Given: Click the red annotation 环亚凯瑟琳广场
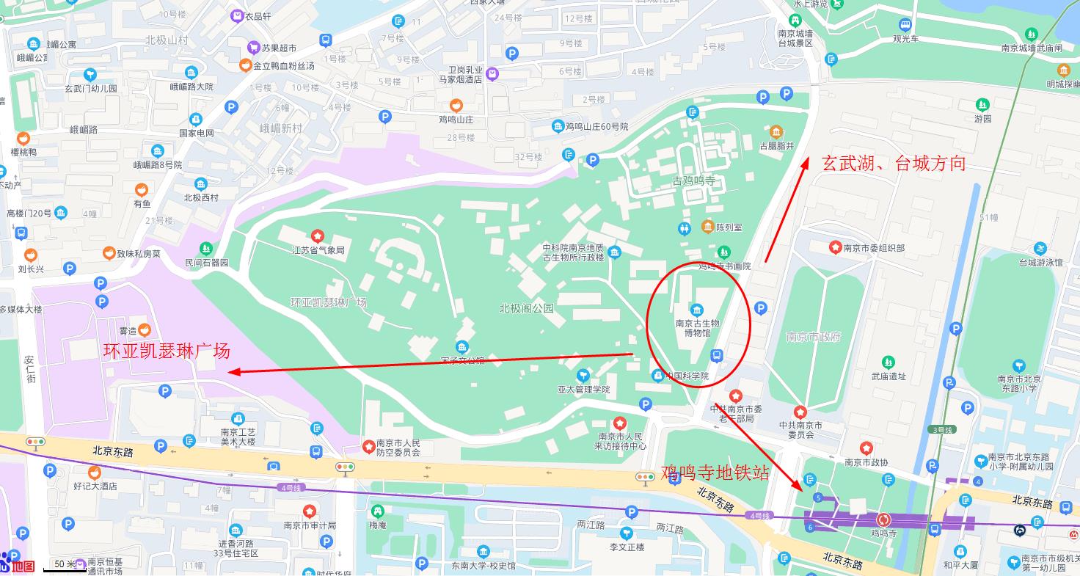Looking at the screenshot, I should pos(167,351).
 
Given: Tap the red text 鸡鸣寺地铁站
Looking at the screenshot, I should pos(715,472).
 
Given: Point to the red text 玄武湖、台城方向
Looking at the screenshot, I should pos(893,163).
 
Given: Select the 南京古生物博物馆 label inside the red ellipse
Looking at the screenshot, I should pos(697,327).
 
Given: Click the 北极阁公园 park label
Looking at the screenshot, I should pos(526,308).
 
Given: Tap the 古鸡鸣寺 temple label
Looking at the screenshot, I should pos(693,181).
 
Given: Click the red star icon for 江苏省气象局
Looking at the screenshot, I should pos(318,236).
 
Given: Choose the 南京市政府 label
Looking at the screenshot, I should pos(813,337).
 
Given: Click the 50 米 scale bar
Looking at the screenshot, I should pos(65,564).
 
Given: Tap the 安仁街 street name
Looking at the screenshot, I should pos(30,369).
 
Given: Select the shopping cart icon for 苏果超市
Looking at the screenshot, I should pos(254,47).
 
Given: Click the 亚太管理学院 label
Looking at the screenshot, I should pos(583,390).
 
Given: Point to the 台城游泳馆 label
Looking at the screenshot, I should pos(1040,262).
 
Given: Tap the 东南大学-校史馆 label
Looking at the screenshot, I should pos(483,565).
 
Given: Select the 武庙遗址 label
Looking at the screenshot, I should pos(889,376).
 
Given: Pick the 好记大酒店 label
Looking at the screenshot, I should pos(95,486).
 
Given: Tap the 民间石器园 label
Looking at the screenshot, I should pos(206,262).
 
